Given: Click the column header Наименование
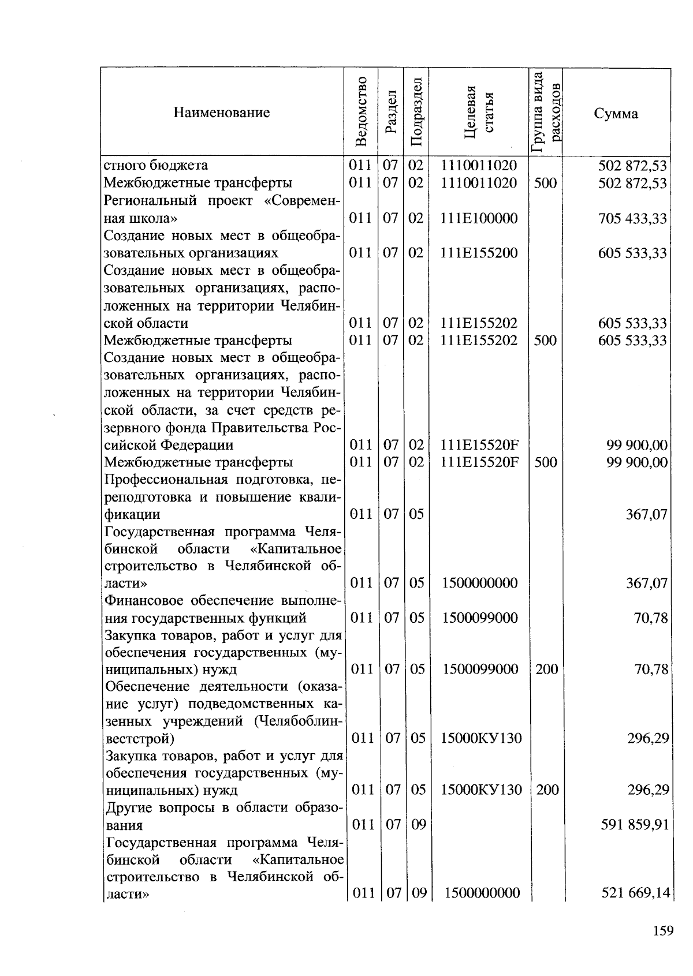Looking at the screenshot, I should (222, 113).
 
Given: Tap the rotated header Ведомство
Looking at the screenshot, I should (361, 111).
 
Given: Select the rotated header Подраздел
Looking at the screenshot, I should (416, 111).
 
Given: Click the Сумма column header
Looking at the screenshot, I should (616, 113).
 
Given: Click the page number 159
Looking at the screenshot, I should (663, 930).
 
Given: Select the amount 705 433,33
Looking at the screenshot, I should (632, 219).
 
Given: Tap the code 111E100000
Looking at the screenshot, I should (479, 218).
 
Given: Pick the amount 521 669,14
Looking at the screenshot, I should (635, 893).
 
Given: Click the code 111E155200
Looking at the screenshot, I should (479, 253).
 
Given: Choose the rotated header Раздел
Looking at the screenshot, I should (390, 111).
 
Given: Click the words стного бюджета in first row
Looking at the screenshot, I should (155, 166).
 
